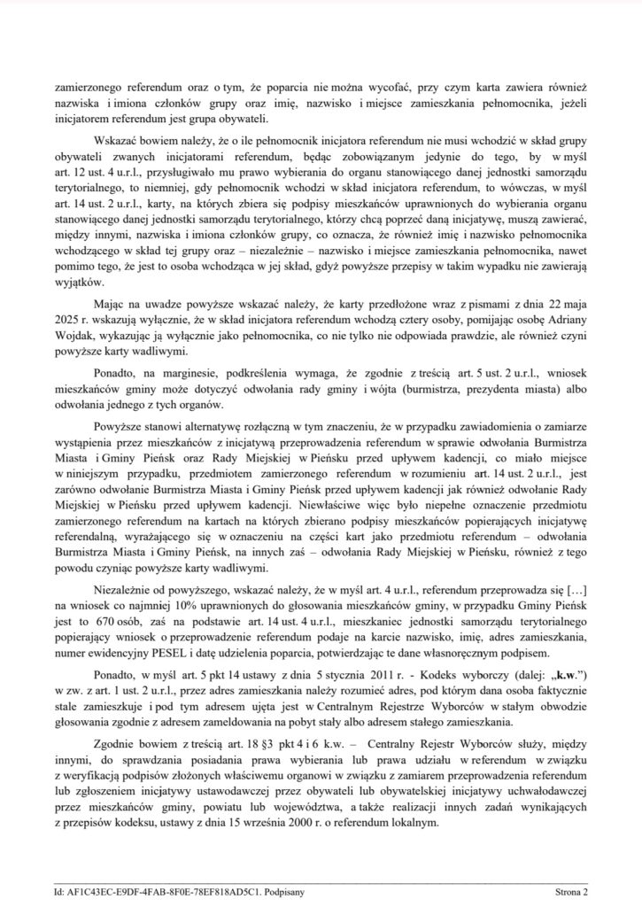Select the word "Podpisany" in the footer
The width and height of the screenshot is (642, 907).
[280, 895]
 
